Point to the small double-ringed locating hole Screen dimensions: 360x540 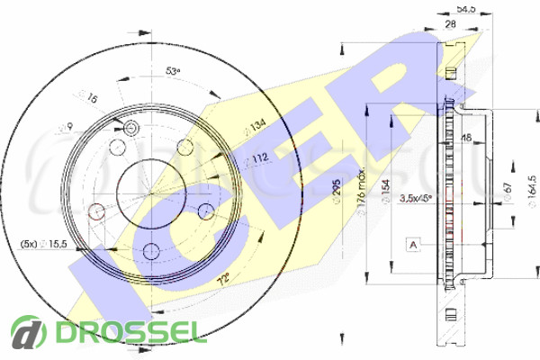pos(130,129)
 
